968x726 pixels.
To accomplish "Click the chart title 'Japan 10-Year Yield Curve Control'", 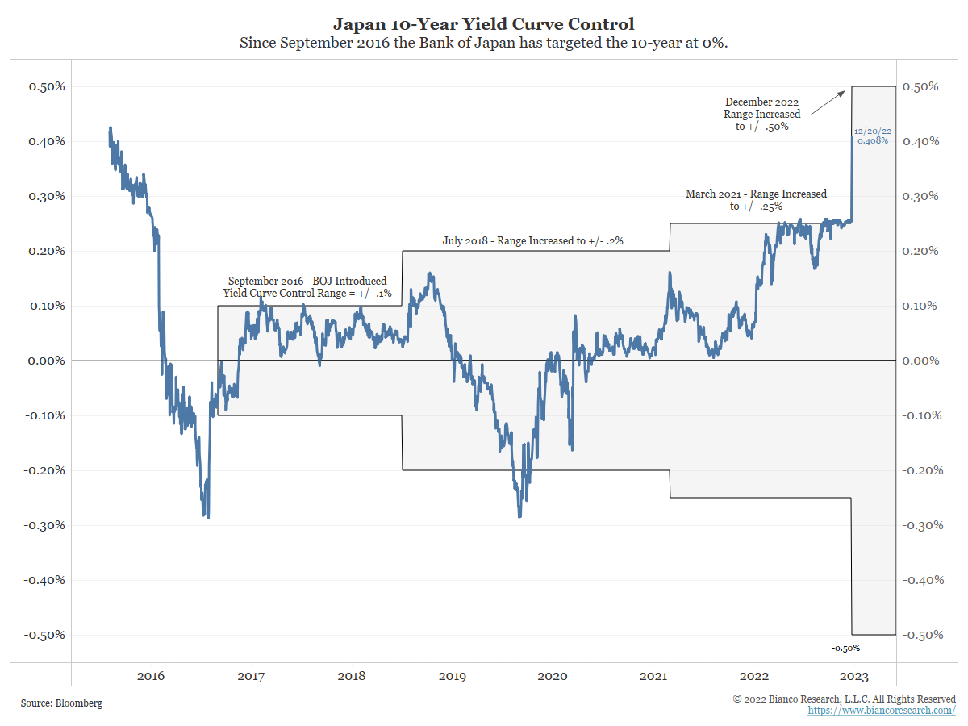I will tap(483, 24).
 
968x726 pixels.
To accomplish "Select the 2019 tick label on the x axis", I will tap(452, 676).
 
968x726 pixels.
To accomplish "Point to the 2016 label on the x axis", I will tap(151, 676).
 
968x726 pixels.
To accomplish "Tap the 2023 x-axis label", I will tap(853, 676).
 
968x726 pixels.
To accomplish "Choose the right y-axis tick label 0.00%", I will tap(922, 361).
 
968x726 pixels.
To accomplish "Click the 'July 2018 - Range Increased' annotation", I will tap(533, 240).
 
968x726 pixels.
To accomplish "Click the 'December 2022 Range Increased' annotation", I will tap(762, 114).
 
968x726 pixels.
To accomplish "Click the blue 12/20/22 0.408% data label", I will tap(872, 136).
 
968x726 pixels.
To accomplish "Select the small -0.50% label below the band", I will tap(845, 648).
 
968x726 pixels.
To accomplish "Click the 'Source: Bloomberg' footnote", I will tap(62, 703).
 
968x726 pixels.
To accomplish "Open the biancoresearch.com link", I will tap(882, 711).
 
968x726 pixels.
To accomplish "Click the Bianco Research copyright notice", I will tap(844, 699).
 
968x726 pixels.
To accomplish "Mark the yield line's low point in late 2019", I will tap(519, 516).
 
